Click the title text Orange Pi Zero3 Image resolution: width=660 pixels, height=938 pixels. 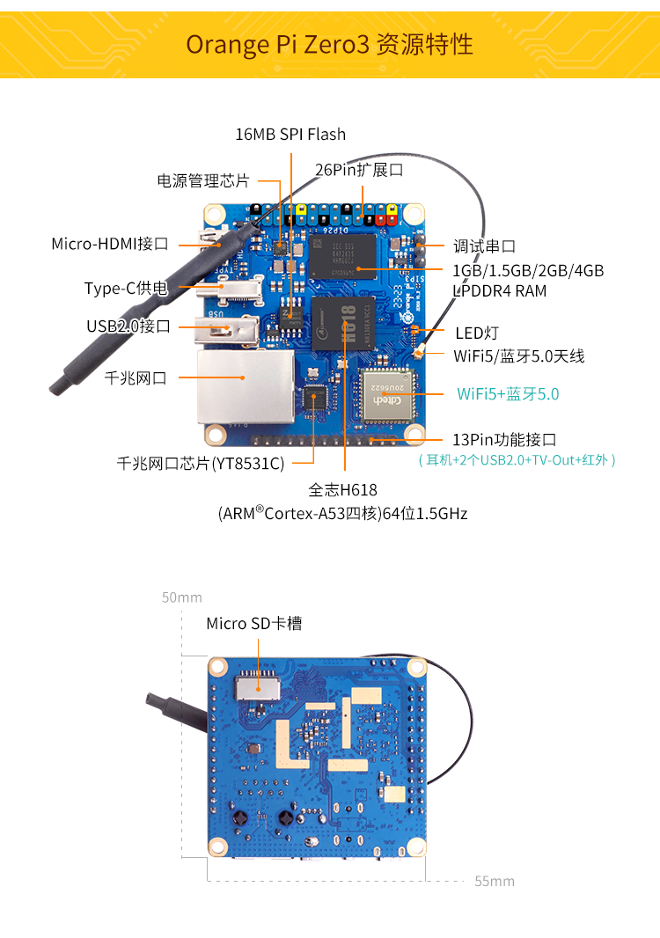[x=278, y=45]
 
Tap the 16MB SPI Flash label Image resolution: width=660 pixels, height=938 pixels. [x=290, y=135]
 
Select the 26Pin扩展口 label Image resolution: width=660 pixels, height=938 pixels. [x=359, y=170]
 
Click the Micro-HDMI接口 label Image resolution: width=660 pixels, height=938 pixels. [x=109, y=244]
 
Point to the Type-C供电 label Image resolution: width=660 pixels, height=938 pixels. [x=126, y=289]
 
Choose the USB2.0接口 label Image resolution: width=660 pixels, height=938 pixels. [x=128, y=326]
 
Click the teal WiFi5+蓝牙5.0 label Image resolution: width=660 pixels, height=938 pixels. [x=508, y=393]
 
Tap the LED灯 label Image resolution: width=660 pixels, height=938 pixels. [x=477, y=333]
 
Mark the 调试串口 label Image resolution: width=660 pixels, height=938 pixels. [x=484, y=245]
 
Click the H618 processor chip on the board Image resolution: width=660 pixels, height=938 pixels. [x=343, y=323]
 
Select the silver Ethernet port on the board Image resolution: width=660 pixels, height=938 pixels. [x=246, y=388]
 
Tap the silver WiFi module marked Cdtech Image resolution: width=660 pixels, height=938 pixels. [x=388, y=395]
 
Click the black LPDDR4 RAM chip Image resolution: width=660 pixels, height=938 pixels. [x=343, y=256]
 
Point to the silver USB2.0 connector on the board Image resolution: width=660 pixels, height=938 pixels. [x=227, y=331]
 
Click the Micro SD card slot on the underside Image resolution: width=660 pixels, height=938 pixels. [x=258, y=687]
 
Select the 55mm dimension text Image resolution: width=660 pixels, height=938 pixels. [x=495, y=881]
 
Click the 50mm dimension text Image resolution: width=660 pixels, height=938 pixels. [x=182, y=597]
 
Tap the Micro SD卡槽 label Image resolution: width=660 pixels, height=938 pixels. [x=253, y=623]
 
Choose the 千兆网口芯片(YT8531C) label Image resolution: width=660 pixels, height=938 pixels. [x=201, y=464]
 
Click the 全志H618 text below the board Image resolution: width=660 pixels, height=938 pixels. [x=343, y=490]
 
